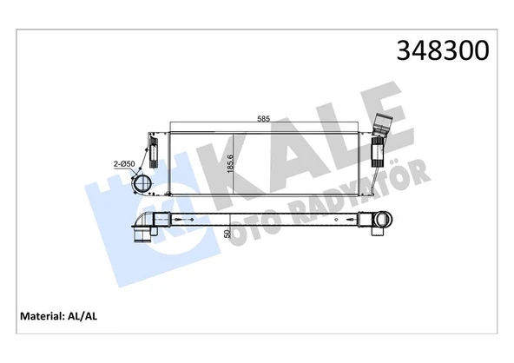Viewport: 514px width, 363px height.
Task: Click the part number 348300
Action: coord(443,49)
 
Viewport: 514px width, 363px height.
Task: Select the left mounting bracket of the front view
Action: coord(153,153)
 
